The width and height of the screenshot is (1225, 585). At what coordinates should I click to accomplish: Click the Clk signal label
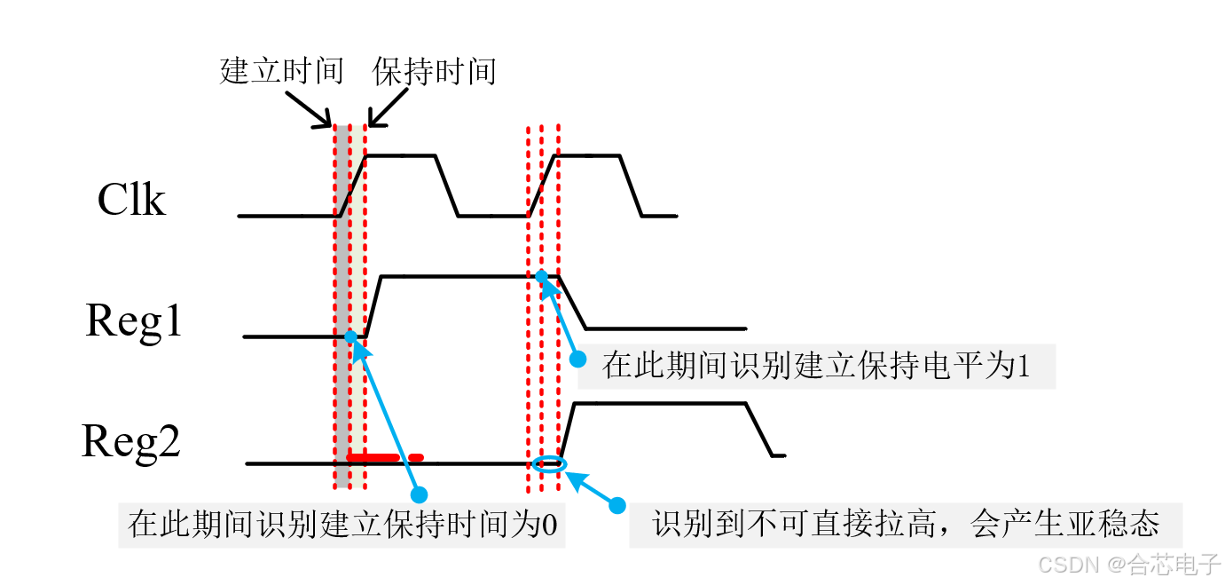pyautogui.click(x=131, y=200)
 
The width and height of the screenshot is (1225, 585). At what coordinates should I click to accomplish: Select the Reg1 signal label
pyautogui.click(x=134, y=320)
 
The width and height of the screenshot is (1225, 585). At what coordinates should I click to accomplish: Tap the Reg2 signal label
pyautogui.click(x=131, y=441)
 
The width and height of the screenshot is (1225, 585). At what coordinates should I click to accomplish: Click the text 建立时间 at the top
pyautogui.click(x=281, y=71)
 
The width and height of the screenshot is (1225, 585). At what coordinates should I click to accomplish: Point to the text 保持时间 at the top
pyautogui.click(x=434, y=71)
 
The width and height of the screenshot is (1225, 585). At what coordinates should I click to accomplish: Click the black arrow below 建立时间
pyautogui.click(x=311, y=112)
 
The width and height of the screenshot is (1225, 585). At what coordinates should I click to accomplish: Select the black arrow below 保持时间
pyautogui.click(x=384, y=112)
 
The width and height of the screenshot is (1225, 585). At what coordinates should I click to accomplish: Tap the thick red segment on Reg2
pyautogui.click(x=383, y=457)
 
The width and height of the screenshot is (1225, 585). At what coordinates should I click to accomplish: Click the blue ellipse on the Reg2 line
pyautogui.click(x=547, y=462)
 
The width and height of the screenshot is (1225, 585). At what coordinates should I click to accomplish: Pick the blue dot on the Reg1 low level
pyautogui.click(x=350, y=336)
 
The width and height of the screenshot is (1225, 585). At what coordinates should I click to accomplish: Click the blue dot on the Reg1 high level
pyautogui.click(x=541, y=276)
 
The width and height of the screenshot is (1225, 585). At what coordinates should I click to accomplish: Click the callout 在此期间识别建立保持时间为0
pyautogui.click(x=342, y=524)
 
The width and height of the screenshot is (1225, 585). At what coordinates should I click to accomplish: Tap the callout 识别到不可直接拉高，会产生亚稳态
pyautogui.click(x=906, y=524)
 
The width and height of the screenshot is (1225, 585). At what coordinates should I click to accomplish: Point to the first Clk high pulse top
pyautogui.click(x=401, y=155)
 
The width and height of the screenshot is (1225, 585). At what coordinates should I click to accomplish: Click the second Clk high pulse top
pyautogui.click(x=587, y=155)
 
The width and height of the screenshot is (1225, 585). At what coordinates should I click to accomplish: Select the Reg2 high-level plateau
pyautogui.click(x=661, y=404)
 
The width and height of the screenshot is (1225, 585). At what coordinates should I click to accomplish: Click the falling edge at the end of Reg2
pyautogui.click(x=760, y=430)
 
